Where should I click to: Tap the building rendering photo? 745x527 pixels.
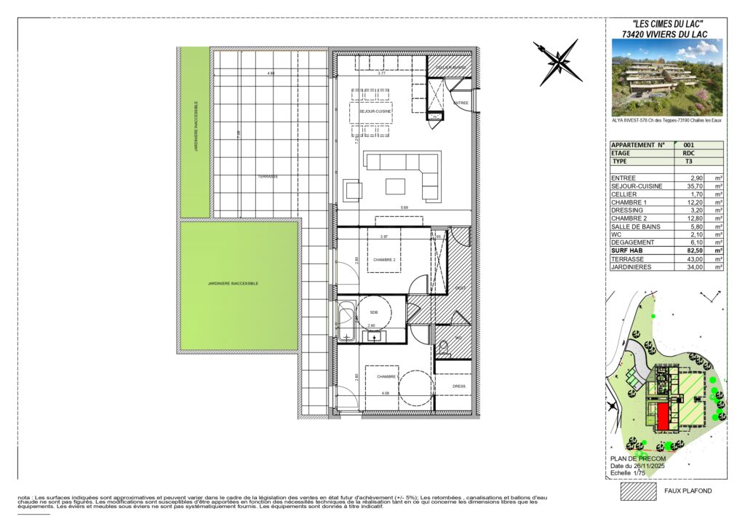667,77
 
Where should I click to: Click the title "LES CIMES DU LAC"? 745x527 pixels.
667,24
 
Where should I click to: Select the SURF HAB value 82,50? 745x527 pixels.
694,250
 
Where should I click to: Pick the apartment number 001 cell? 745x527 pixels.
690,145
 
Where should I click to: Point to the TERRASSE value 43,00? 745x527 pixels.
694,258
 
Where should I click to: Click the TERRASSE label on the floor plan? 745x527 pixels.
268,177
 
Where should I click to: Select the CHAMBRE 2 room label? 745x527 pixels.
383,259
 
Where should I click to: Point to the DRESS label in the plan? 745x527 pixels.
458,387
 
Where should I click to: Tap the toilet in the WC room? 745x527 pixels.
442,349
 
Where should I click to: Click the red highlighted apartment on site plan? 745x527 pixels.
663,417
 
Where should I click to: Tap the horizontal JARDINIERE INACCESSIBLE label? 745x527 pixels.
233,283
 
